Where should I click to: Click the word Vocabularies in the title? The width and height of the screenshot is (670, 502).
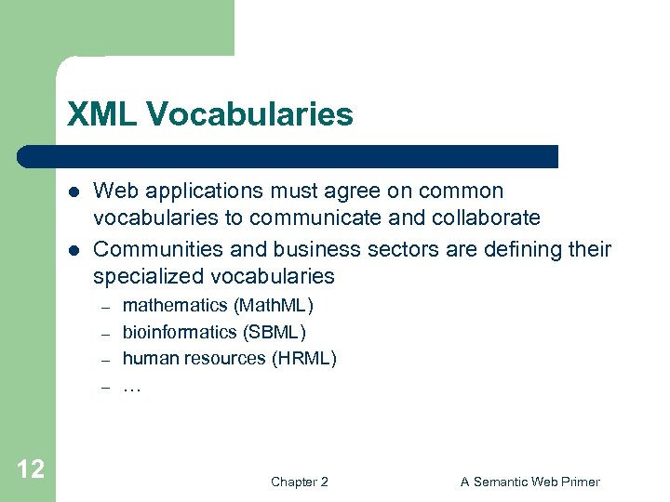(248, 114)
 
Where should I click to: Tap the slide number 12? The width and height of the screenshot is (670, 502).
(30, 469)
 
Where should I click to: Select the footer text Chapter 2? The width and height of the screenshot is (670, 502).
(299, 482)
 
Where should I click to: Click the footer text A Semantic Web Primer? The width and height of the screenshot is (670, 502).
(530, 482)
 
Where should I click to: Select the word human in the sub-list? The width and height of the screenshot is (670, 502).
(146, 358)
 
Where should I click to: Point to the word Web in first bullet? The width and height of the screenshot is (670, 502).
(114, 192)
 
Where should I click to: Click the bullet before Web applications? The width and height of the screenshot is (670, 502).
(74, 192)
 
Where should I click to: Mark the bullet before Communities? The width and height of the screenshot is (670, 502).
(74, 250)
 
